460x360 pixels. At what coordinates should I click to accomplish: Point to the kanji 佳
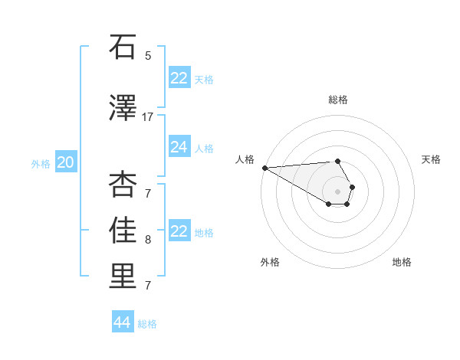coord(123,231)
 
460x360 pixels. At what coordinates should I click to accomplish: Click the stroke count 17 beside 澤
coord(148,116)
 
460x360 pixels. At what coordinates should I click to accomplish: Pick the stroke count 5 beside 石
coord(148,56)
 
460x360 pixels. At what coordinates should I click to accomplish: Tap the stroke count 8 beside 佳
coord(148,240)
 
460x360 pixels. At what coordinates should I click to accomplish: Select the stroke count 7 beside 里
coord(148,286)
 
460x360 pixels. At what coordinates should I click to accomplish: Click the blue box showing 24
coord(179,147)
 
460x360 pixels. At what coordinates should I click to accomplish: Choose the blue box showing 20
coord(66,162)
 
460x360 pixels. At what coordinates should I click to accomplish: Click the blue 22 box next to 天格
coord(179,78)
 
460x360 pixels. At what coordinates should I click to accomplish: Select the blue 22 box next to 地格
coord(179,231)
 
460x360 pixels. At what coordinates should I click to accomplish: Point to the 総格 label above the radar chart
coord(338,100)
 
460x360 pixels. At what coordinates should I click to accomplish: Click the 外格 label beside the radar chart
coord(270,262)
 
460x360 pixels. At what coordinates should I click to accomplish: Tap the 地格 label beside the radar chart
coord(402,262)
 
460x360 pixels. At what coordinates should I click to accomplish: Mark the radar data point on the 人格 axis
coord(264,168)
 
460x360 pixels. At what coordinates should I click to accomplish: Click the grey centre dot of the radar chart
coord(337,191)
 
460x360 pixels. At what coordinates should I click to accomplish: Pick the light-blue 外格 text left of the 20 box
coord(41,163)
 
